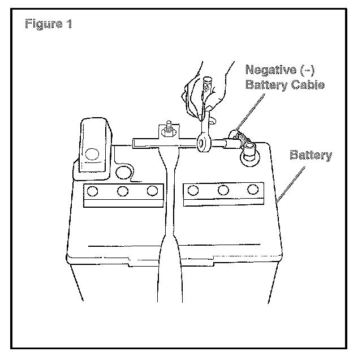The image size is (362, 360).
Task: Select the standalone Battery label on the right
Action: (311, 155)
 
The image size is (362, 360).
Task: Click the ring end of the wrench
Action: (203, 144)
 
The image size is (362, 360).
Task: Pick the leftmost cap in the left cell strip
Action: (93, 191)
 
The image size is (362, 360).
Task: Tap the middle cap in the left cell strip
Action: (123, 191)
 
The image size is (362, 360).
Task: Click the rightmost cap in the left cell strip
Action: (152, 191)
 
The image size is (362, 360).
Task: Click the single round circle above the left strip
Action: (121, 171)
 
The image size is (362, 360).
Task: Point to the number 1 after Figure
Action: (69, 25)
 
